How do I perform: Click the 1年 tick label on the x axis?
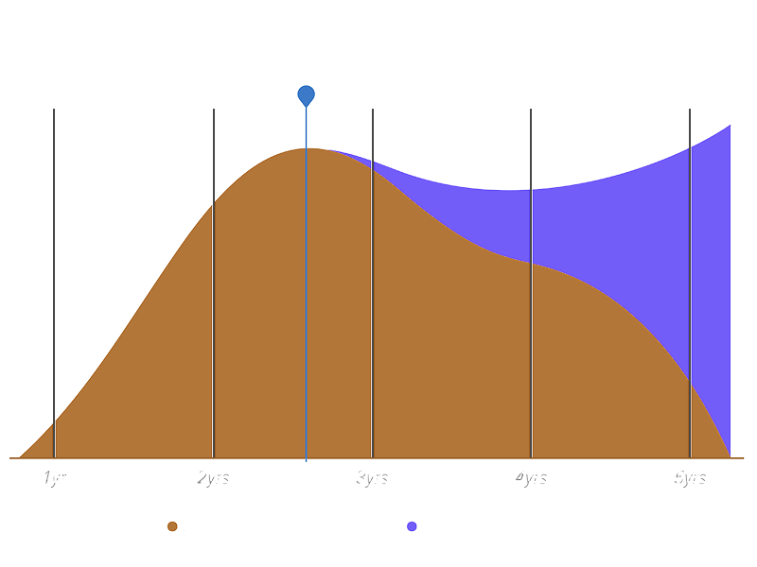[54, 479]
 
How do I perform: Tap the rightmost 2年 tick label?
[690, 479]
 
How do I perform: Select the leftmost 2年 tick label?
[214, 479]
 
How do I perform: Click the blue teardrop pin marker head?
[306, 94]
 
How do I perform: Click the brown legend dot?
[172, 526]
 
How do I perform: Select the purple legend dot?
[412, 526]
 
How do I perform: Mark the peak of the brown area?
[306, 149]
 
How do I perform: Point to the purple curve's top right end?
[731, 125]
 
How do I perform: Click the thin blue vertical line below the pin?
[306, 283]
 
